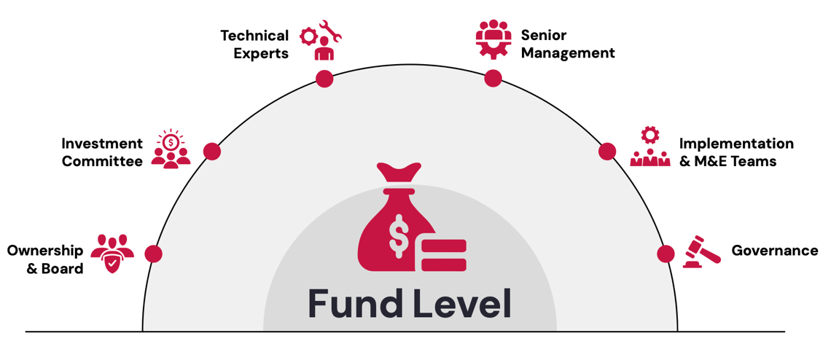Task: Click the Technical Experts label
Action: point(254,44)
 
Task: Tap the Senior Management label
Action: point(568,44)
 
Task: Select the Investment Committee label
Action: point(102,152)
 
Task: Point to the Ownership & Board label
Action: point(45,259)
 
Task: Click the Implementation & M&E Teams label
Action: point(736,152)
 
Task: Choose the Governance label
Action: point(774,251)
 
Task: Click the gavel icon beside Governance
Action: point(701,252)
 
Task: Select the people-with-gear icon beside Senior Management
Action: point(493,39)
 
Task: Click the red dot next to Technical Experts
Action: point(324,79)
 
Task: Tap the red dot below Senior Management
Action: point(493,78)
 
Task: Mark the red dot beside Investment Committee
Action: point(212,151)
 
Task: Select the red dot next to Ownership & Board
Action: point(153,254)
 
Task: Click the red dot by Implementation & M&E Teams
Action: point(607,151)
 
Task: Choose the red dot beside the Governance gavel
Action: point(666,254)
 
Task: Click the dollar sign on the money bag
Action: point(399,235)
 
